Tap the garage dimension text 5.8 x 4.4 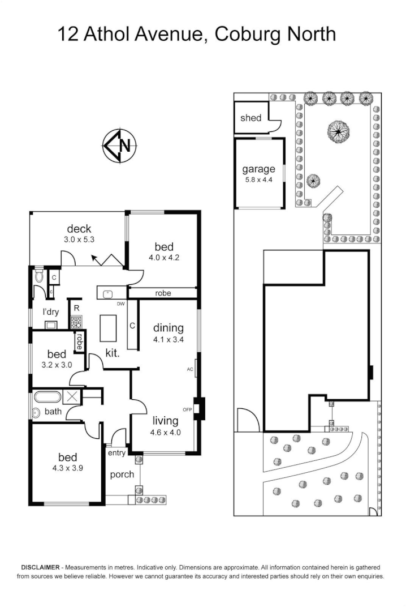tap(258, 179)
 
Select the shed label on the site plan tap(250, 118)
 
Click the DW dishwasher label tap(120, 304)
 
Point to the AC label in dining tap(189, 369)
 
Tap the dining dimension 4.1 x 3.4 tap(168, 340)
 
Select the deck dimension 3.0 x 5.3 tap(79, 240)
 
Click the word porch tap(122, 474)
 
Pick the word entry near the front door tap(116, 453)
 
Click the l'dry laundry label tap(51, 311)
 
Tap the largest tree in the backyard tap(338, 132)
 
